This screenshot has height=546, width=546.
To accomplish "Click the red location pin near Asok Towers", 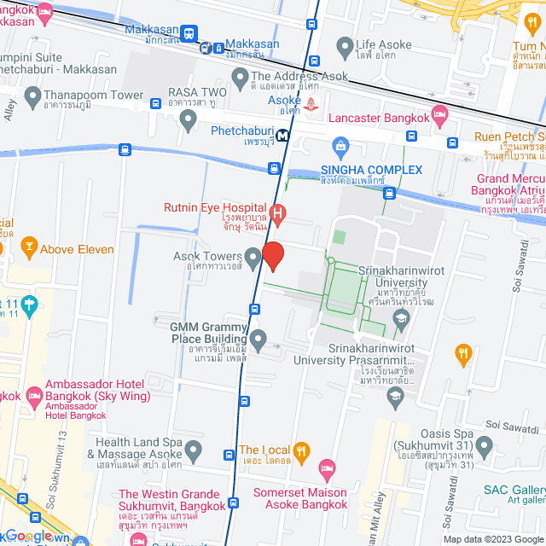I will pyautogui.click(x=272, y=255).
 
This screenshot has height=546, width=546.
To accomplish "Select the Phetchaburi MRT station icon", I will pyautogui.click(x=281, y=135).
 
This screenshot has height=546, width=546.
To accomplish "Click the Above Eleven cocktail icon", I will pyautogui.click(x=28, y=249).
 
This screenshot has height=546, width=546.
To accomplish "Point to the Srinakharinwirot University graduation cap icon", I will pyautogui.click(x=400, y=320).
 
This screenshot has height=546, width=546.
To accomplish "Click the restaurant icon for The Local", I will pyautogui.click(x=300, y=450).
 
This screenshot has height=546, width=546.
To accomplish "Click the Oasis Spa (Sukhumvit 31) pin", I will pyautogui.click(x=485, y=445).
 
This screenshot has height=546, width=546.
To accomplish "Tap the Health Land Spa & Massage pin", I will pyautogui.click(x=195, y=449).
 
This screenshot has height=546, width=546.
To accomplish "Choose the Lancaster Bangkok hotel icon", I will pyautogui.click(x=440, y=113).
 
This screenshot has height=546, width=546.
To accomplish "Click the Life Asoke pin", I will pyautogui.click(x=345, y=45).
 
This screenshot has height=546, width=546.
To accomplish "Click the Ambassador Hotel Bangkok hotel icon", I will pyautogui.click(x=34, y=396).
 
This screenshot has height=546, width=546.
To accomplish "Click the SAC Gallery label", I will pyautogui.click(x=514, y=489).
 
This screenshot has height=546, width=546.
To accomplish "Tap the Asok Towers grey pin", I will pyautogui.click(x=253, y=257).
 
